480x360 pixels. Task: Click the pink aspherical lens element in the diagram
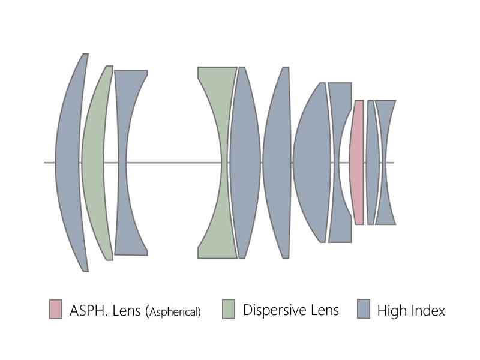(x=357, y=162)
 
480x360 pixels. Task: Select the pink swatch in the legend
(x=56, y=309)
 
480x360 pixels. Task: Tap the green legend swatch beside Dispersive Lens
(x=229, y=309)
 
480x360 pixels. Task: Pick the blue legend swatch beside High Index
(x=364, y=309)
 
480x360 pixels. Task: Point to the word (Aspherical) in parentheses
(x=173, y=311)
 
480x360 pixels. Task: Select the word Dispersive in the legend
(x=274, y=310)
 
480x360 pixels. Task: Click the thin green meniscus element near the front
(x=94, y=162)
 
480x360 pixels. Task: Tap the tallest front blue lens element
(x=67, y=162)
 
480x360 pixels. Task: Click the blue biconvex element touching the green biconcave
(x=245, y=162)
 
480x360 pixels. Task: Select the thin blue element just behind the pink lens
(x=372, y=162)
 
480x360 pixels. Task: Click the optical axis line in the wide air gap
(x=173, y=163)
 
